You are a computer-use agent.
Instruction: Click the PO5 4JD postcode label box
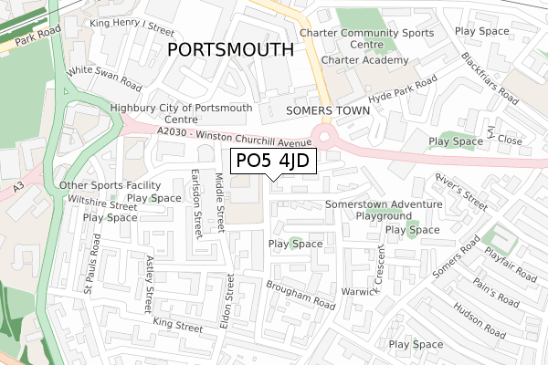(271, 162)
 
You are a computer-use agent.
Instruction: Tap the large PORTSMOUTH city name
(230, 49)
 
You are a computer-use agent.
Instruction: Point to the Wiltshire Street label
(96, 207)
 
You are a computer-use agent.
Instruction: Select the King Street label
(178, 325)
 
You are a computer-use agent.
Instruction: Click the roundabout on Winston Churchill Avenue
(323, 140)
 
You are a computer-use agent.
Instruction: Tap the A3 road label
(19, 190)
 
